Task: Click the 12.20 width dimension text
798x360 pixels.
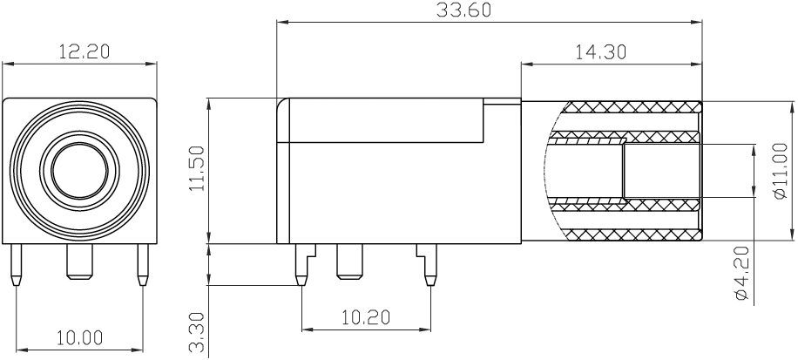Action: click(83, 51)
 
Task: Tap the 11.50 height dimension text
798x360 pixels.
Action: click(197, 170)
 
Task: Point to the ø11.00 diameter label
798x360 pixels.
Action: click(781, 171)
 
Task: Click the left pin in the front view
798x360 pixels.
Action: click(16, 266)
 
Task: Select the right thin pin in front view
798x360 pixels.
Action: click(142, 266)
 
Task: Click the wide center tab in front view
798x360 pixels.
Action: click(79, 262)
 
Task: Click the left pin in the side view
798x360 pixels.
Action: click(301, 266)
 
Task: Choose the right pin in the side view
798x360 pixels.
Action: click(428, 266)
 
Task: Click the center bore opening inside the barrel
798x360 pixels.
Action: click(662, 171)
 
